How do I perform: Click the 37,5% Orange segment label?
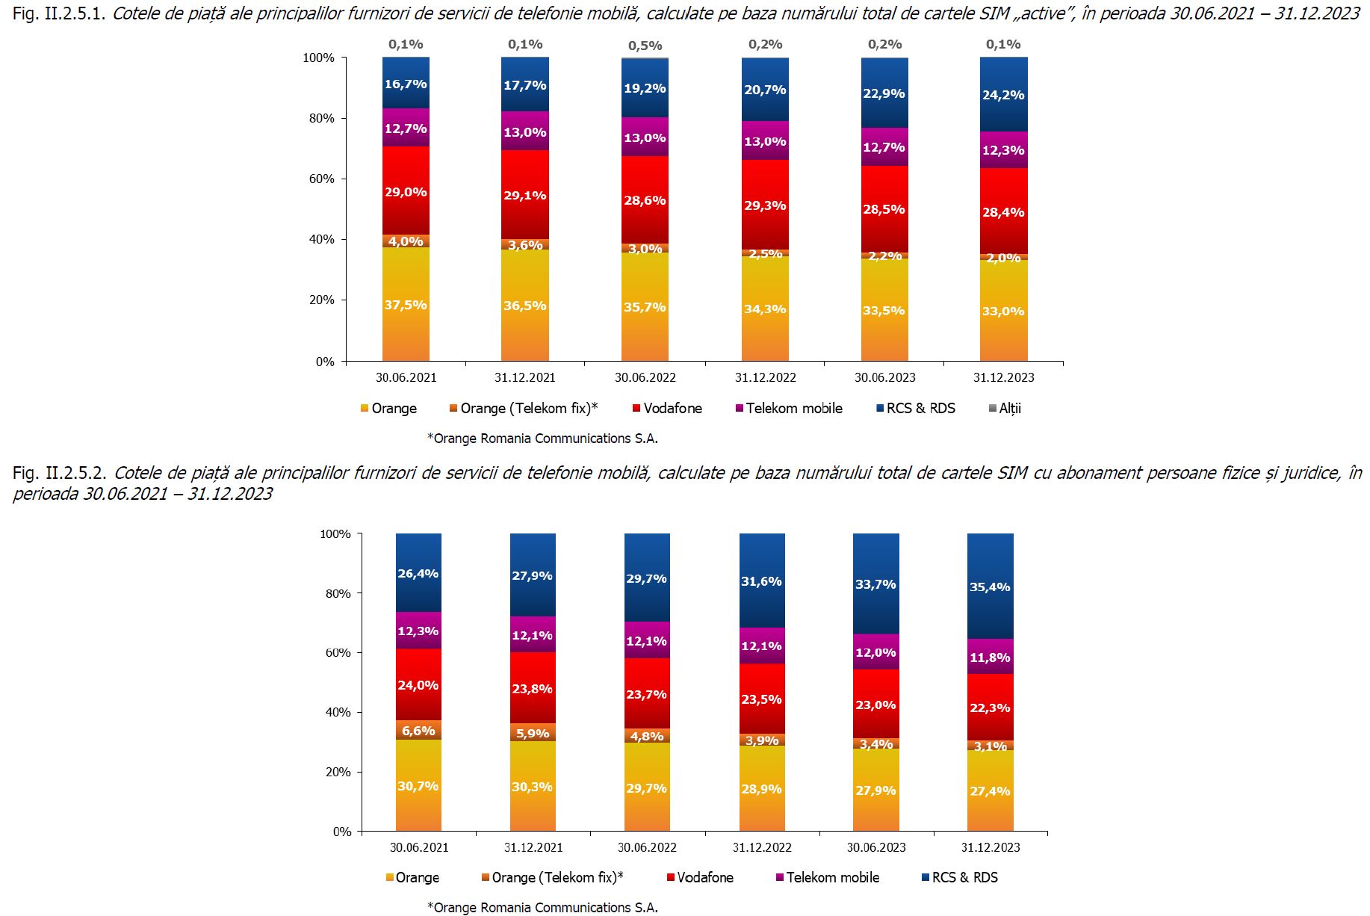pos(406,305)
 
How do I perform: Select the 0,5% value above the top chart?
pos(645,46)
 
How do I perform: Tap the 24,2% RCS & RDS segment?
pos(1003,95)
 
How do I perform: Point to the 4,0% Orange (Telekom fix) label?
pos(406,241)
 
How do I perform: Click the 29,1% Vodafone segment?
pos(525,196)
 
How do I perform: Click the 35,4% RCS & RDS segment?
pos(990,587)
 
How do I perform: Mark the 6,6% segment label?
pos(418,731)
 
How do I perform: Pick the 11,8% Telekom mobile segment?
pos(990,657)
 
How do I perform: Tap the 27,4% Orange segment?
pos(990,791)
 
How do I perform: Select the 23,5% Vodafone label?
pos(761,699)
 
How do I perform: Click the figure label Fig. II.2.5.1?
pos(60,13)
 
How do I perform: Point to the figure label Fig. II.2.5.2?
pos(60,473)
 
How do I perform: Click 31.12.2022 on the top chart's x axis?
pos(765,377)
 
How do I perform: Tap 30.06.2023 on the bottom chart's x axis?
pos(876,847)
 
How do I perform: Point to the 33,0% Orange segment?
pos(1003,312)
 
